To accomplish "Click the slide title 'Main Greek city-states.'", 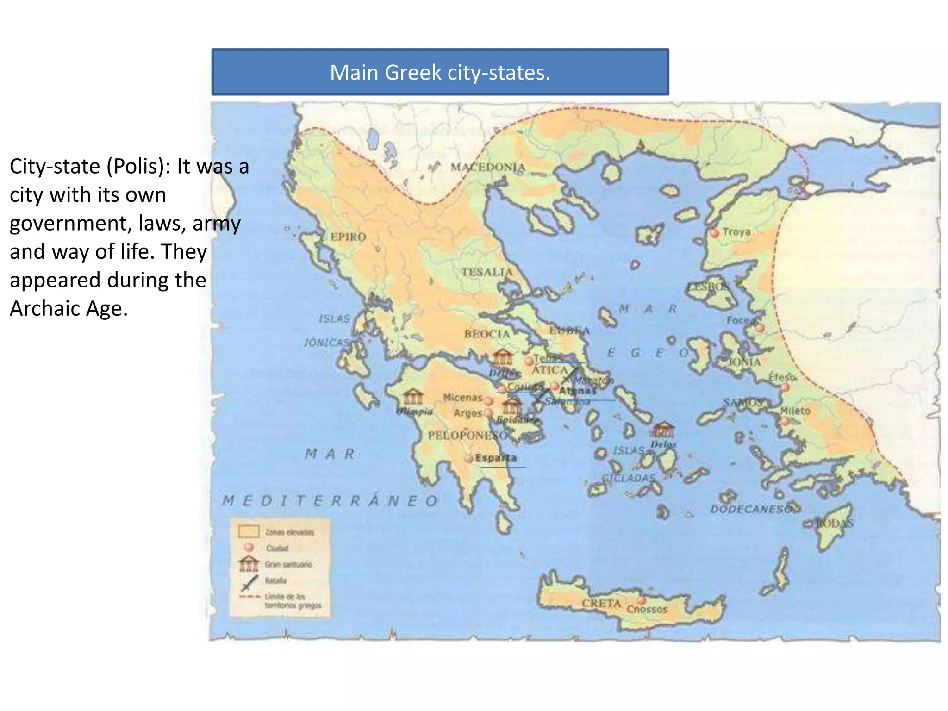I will pyautogui.click(x=440, y=73).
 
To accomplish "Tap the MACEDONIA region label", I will pyautogui.click(x=488, y=167).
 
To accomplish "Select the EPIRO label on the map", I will pyautogui.click(x=348, y=237).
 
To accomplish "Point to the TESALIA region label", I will pyautogui.click(x=487, y=272).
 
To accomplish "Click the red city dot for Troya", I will pyautogui.click(x=715, y=233).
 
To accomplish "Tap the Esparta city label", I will pyautogui.click(x=496, y=458).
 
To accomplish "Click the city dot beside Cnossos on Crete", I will pyautogui.click(x=642, y=600).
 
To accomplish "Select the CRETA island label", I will pyautogui.click(x=601, y=603).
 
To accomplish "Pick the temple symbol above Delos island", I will pyautogui.click(x=663, y=430).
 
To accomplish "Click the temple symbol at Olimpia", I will pyautogui.click(x=413, y=397).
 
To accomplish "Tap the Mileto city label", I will pyautogui.click(x=795, y=411).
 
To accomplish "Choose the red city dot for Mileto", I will pyautogui.click(x=785, y=421).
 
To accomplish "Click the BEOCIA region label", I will pyautogui.click(x=486, y=334).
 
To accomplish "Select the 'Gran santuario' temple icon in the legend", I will pyautogui.click(x=249, y=564).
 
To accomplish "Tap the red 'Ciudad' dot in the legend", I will pyautogui.click(x=249, y=547).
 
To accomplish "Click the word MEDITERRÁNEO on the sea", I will pyautogui.click(x=330, y=501).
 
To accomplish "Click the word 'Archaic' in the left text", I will pyautogui.click(x=39, y=309).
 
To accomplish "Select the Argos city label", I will pyautogui.click(x=468, y=412).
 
